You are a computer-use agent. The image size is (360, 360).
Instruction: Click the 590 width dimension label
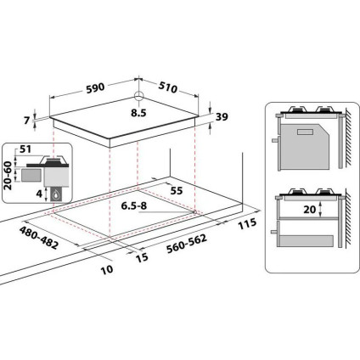(94, 86)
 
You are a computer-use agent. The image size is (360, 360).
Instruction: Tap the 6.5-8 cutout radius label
(138, 206)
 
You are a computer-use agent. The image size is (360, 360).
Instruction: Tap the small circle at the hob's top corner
(139, 96)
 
